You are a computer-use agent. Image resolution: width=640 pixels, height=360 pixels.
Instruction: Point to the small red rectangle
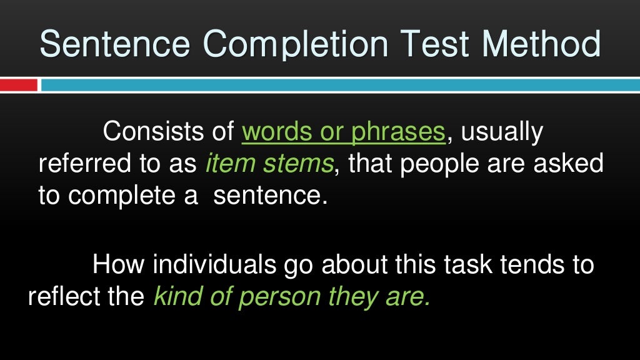click(x=18, y=85)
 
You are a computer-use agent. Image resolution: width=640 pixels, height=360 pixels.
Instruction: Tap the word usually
click(x=502, y=133)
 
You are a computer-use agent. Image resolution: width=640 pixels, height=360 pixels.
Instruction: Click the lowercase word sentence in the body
click(x=271, y=196)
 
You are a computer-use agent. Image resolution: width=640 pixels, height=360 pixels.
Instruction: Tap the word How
click(x=118, y=264)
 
